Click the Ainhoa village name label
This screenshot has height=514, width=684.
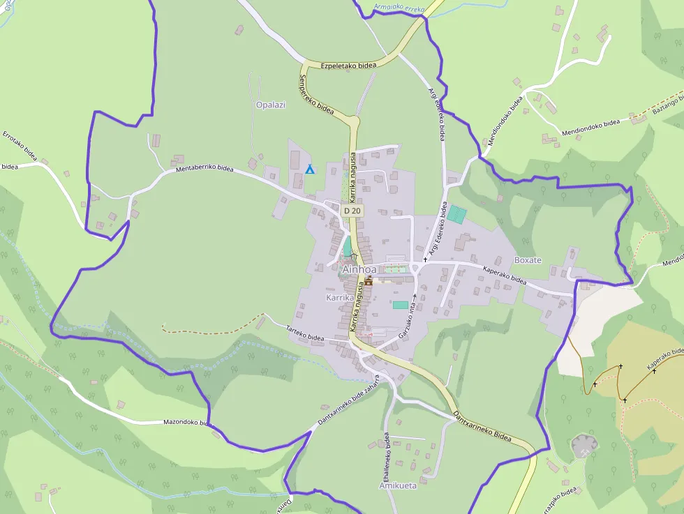click(x=359, y=269)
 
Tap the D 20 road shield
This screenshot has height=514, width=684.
click(x=352, y=211)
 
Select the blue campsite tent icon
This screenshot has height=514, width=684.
click(x=310, y=169)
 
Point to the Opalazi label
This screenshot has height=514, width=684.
click(x=271, y=105)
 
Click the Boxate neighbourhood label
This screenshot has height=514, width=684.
click(x=528, y=260)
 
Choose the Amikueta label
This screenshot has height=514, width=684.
click(x=398, y=485)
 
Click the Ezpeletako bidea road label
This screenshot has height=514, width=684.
click(x=348, y=66)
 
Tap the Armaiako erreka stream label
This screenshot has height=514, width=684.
click(x=399, y=8)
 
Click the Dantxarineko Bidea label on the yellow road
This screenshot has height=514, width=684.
click(x=482, y=426)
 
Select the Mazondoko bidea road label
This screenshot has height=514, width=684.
click(x=186, y=422)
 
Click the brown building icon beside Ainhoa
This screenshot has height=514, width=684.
click(x=368, y=282)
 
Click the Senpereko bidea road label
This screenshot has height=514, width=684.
click(x=317, y=93)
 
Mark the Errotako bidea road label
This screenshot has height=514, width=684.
click(x=20, y=144)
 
